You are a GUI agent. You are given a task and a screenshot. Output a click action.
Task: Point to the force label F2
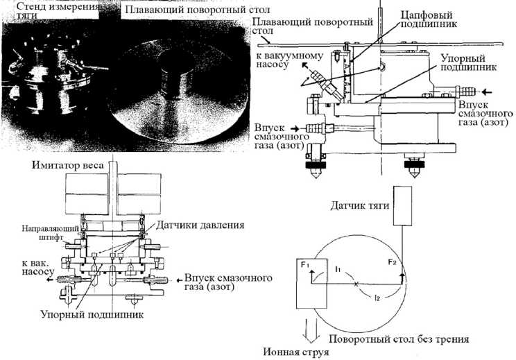[393, 263]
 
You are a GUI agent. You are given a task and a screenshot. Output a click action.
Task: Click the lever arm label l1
[338, 268]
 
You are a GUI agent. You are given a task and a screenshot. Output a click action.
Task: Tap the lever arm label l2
[377, 298]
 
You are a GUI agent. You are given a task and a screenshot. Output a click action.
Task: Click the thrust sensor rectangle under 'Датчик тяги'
[402, 205]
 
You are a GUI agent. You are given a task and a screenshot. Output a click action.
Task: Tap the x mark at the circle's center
[355, 284]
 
